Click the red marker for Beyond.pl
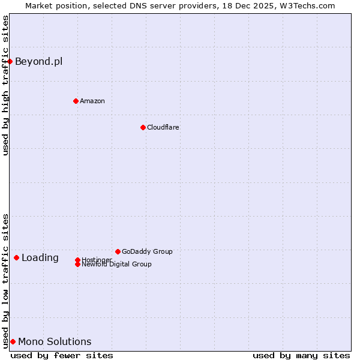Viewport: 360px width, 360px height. pyautogui.click(x=10, y=61)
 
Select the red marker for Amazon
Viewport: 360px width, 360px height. pyautogui.click(x=76, y=101)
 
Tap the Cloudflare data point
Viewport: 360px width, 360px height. pyautogui.click(x=143, y=127)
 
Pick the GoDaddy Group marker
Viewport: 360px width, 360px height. pyautogui.click(x=118, y=251)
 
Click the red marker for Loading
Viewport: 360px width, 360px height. pyautogui.click(x=16, y=257)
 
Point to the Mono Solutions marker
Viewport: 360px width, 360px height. pyautogui.click(x=13, y=341)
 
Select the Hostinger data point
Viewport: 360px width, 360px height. pyautogui.click(x=77, y=260)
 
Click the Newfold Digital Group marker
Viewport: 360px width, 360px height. pyautogui.click(x=77, y=264)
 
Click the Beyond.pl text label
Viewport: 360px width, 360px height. pyautogui.click(x=38, y=61)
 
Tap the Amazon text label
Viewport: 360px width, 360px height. pyautogui.click(x=92, y=101)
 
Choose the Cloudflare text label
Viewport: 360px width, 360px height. pyautogui.click(x=163, y=127)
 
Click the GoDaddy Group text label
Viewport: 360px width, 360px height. pyautogui.click(x=147, y=251)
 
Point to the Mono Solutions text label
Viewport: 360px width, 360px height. pyautogui.click(x=55, y=342)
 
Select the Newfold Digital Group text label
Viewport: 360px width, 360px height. pyautogui.click(x=116, y=264)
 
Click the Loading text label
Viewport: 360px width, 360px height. pyautogui.click(x=40, y=258)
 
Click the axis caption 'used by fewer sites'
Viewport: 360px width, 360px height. pyautogui.click(x=62, y=355)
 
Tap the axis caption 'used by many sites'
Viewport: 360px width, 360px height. pyautogui.click(x=301, y=355)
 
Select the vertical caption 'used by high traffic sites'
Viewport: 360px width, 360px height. pyautogui.click(x=5, y=85)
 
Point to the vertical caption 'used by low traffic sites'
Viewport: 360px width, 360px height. pyautogui.click(x=5, y=281)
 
